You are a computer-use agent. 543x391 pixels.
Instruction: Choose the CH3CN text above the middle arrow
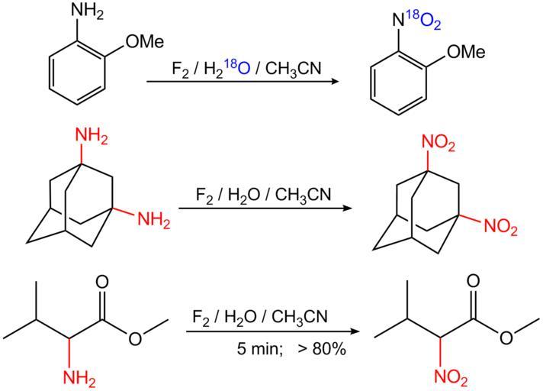tap(300, 195)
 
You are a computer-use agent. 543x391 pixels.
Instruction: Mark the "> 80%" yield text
tap(322, 352)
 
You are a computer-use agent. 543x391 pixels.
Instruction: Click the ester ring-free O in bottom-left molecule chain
tap(135, 338)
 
